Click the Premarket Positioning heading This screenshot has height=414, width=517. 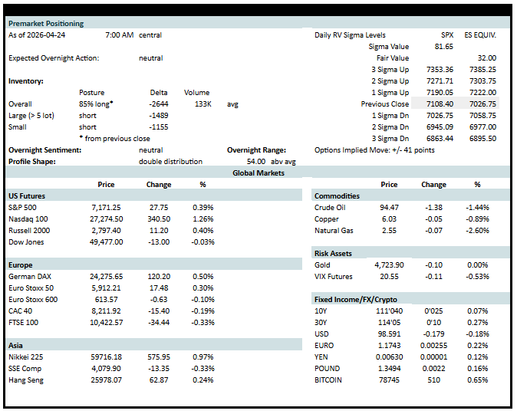[46, 24]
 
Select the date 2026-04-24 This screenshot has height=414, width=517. [46, 35]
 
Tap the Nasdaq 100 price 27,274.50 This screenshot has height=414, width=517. [106, 219]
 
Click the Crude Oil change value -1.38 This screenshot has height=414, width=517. [433, 207]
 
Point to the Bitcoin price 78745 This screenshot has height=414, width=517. [389, 380]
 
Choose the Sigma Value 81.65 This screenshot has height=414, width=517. [444, 47]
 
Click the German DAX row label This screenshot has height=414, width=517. [30, 277]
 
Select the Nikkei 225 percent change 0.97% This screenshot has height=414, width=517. [203, 357]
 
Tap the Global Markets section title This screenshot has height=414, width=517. [258, 173]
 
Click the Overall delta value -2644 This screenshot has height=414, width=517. [159, 104]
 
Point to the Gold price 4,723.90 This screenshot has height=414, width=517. [389, 265]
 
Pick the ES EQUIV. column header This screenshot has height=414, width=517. [480, 35]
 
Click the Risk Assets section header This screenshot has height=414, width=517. [333, 254]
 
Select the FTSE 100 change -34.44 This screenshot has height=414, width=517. [159, 322]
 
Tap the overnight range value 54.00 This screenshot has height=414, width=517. [256, 162]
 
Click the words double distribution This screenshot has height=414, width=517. [170, 162]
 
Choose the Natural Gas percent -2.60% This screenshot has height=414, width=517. [477, 231]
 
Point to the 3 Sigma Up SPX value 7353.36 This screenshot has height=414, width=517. [440, 70]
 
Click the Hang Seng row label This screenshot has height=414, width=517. [26, 380]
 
